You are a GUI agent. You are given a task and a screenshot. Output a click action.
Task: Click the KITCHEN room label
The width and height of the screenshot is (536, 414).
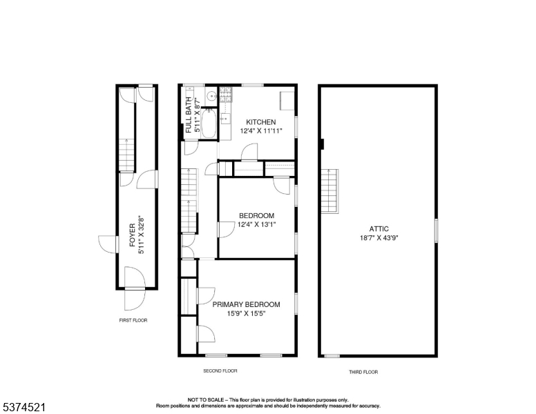click(x=261, y=122)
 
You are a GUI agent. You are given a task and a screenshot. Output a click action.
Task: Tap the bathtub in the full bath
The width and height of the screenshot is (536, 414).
click(x=209, y=125)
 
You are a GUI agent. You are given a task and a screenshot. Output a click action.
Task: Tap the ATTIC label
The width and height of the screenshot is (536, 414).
click(x=379, y=229)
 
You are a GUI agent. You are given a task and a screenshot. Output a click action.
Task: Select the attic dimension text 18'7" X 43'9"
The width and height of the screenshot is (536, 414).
click(x=379, y=238)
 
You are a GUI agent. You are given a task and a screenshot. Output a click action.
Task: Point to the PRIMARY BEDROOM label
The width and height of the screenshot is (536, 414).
click(x=246, y=304)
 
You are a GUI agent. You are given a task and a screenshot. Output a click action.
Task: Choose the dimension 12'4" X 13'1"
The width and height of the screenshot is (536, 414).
click(x=256, y=224)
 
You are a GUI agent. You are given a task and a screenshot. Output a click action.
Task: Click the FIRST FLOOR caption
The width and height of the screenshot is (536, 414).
click(x=133, y=320)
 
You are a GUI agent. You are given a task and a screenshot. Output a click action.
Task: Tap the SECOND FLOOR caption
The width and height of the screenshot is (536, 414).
click(x=220, y=371)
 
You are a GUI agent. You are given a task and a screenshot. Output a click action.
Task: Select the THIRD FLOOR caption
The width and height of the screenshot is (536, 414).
click(x=363, y=372)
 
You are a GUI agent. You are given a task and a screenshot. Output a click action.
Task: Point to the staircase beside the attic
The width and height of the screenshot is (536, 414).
click(x=331, y=192)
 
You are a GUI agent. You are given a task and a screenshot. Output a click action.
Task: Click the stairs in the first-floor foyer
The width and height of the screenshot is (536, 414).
click(x=126, y=155)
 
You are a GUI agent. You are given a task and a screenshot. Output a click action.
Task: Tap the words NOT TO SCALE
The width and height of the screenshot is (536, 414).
click(x=207, y=400)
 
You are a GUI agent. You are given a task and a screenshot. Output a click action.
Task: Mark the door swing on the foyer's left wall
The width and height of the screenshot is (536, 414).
click(x=108, y=244)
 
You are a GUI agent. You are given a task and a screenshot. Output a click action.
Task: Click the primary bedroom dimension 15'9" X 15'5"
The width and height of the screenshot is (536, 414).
click(x=246, y=313)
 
